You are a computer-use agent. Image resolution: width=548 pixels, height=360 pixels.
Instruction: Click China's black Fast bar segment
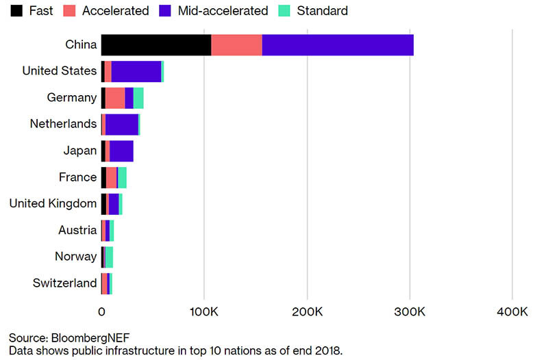click(x=155, y=44)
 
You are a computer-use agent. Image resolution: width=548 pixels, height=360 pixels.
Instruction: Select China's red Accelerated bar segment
click(x=236, y=44)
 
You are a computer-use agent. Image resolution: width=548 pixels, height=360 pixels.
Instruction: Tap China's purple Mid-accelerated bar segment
click(x=337, y=44)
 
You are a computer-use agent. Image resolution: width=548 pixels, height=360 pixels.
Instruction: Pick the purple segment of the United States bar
click(x=136, y=71)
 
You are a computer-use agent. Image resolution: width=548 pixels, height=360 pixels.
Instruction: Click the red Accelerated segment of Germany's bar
click(x=115, y=98)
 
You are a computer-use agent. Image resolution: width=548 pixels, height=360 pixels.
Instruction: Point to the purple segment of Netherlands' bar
click(x=122, y=125)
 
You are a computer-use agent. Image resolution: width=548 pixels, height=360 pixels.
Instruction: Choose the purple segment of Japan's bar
click(x=121, y=151)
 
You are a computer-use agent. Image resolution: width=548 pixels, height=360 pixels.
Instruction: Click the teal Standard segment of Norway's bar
click(x=109, y=257)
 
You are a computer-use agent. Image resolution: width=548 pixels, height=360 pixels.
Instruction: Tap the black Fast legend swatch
click(x=15, y=11)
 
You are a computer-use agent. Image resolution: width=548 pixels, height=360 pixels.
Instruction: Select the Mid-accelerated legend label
click(x=222, y=11)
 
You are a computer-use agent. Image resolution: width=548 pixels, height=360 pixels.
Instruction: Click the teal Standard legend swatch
click(x=286, y=11)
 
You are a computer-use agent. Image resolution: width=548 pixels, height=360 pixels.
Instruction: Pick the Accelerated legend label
click(x=115, y=11)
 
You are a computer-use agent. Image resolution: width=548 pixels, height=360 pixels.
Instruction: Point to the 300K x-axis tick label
click(x=409, y=312)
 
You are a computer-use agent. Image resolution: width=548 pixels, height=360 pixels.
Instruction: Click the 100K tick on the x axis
click(x=203, y=312)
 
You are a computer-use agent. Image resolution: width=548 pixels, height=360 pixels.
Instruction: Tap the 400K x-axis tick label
click(x=512, y=312)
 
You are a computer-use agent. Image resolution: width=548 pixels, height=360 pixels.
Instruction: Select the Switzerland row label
click(x=65, y=283)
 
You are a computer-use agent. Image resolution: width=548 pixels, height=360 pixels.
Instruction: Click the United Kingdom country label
click(x=53, y=203)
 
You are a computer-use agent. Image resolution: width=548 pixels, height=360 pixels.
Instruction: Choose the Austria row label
click(x=77, y=230)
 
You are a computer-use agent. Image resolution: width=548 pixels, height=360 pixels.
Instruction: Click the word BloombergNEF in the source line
click(x=90, y=338)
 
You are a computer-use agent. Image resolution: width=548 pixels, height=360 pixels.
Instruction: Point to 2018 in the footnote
click(x=326, y=350)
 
